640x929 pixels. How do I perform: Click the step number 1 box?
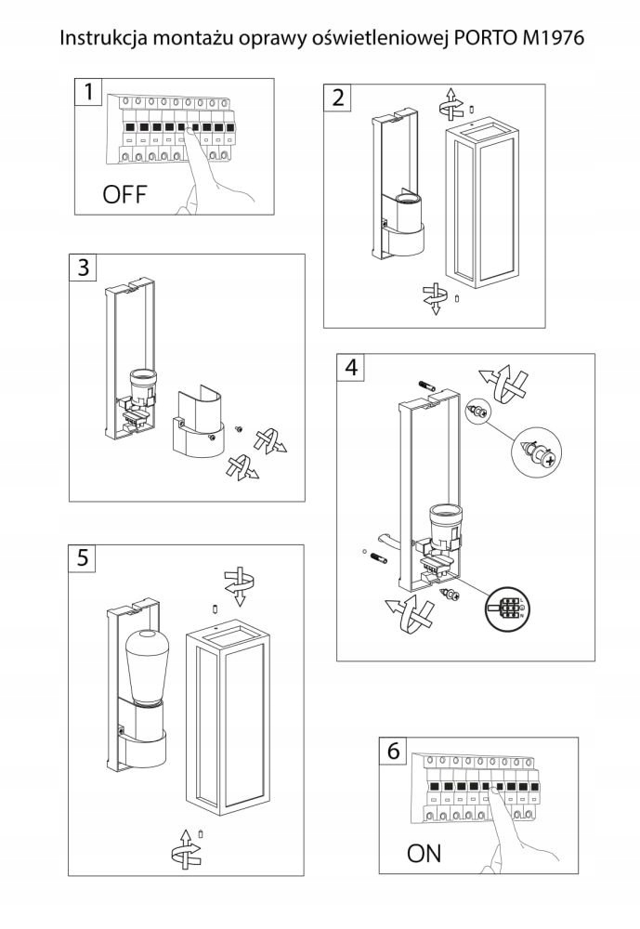pos(88,92)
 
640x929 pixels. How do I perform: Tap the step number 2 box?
pos(337,98)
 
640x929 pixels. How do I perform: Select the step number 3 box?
pos(83,268)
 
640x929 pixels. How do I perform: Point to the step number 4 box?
pos(351,367)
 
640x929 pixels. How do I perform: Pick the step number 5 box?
pos(83,558)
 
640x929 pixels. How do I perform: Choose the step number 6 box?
pos(394,752)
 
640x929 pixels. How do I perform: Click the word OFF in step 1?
pos(124,194)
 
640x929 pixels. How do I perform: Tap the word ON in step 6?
pos(424,854)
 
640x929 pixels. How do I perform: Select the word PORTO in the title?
pos(485,38)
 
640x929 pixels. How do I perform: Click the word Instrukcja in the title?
pos(103,38)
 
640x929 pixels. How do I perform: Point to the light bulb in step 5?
pos(148,665)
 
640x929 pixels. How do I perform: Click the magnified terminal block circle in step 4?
pos(506,608)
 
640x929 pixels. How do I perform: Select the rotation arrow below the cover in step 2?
pos(435,298)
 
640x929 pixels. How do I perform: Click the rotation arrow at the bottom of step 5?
pos(185,847)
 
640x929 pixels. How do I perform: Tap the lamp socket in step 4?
pos(443,530)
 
